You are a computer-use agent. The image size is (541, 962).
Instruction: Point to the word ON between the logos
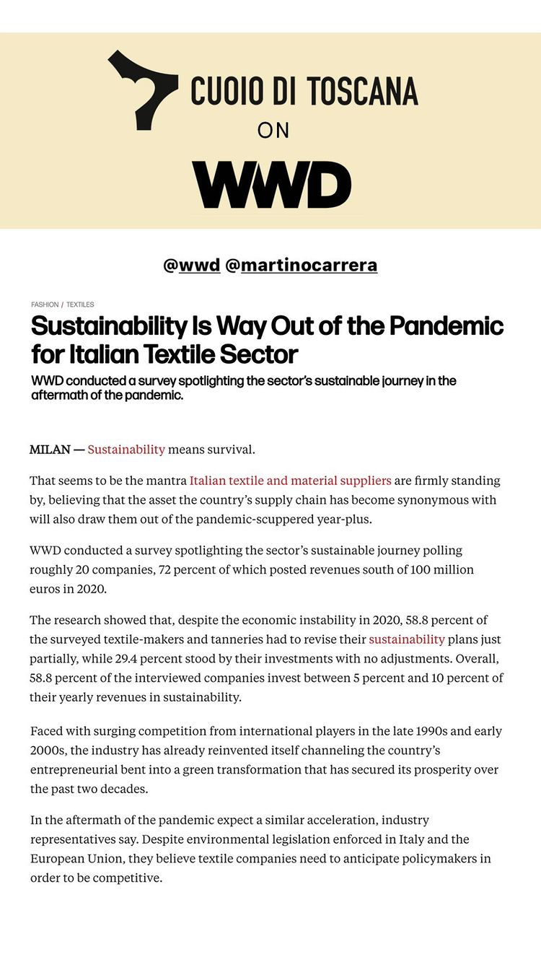click(273, 131)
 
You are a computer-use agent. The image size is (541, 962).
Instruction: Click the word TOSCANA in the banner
click(362, 92)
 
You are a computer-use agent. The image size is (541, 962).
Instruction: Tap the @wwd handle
click(192, 266)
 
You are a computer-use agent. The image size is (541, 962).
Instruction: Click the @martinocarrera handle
click(301, 266)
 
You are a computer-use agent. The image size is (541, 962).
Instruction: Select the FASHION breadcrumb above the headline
click(45, 305)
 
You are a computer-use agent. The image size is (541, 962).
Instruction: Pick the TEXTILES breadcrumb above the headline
click(80, 305)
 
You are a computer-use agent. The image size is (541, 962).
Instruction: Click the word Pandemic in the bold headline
click(446, 326)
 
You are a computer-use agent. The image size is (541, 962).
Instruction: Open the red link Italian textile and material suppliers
click(290, 481)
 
